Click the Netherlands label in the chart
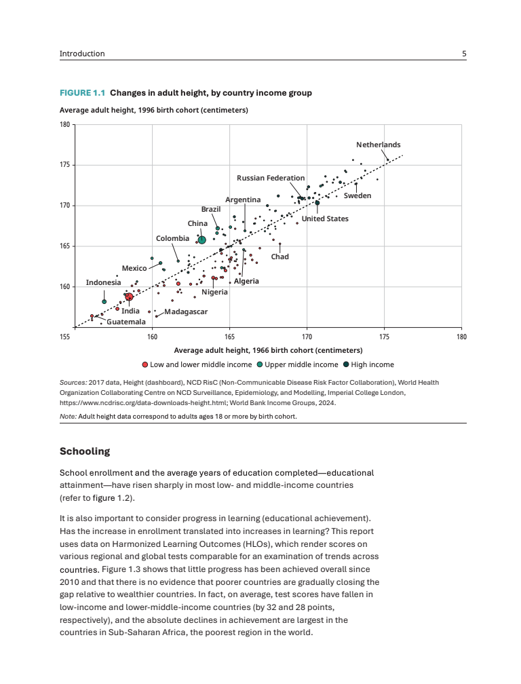(378, 145)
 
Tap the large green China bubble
(201, 240)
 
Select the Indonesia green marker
(104, 301)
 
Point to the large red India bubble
(129, 297)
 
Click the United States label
(325, 218)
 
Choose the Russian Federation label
(271, 178)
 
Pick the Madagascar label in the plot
(186, 311)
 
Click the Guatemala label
(126, 322)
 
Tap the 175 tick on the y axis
(65, 165)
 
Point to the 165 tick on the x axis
(229, 336)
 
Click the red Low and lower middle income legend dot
(145, 364)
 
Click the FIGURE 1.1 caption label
(83, 93)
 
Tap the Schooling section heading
(84, 451)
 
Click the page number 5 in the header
(464, 54)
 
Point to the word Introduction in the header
(82, 54)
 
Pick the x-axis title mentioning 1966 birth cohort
(267, 350)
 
